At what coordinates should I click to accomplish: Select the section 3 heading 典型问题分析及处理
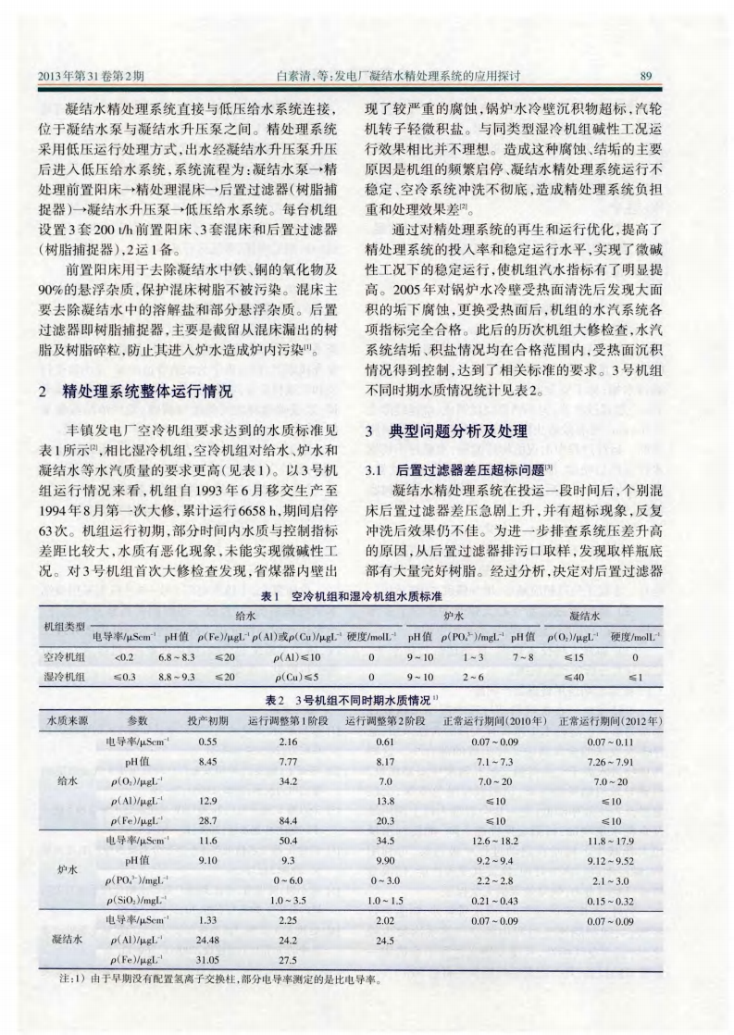coord(450,430)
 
